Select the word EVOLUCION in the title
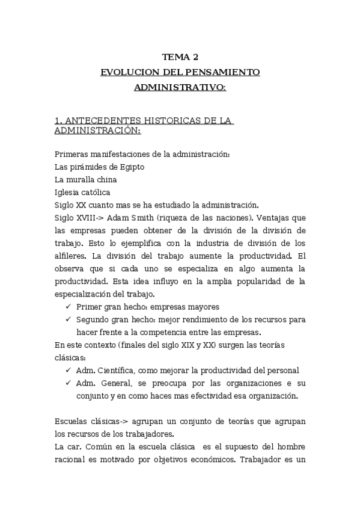pos(124,72)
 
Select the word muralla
pos(82,179)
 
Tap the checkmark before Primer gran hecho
pos(67,306)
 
